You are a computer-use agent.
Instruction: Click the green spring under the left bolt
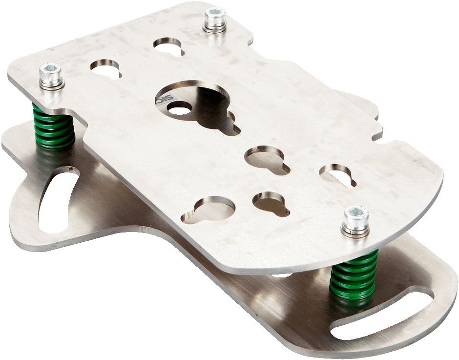point(53,126)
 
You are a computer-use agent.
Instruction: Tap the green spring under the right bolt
point(354,276)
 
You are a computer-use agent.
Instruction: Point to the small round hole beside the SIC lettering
point(179,110)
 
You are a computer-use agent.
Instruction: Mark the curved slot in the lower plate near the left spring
point(56,198)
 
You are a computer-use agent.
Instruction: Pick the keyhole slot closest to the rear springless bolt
point(168,46)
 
